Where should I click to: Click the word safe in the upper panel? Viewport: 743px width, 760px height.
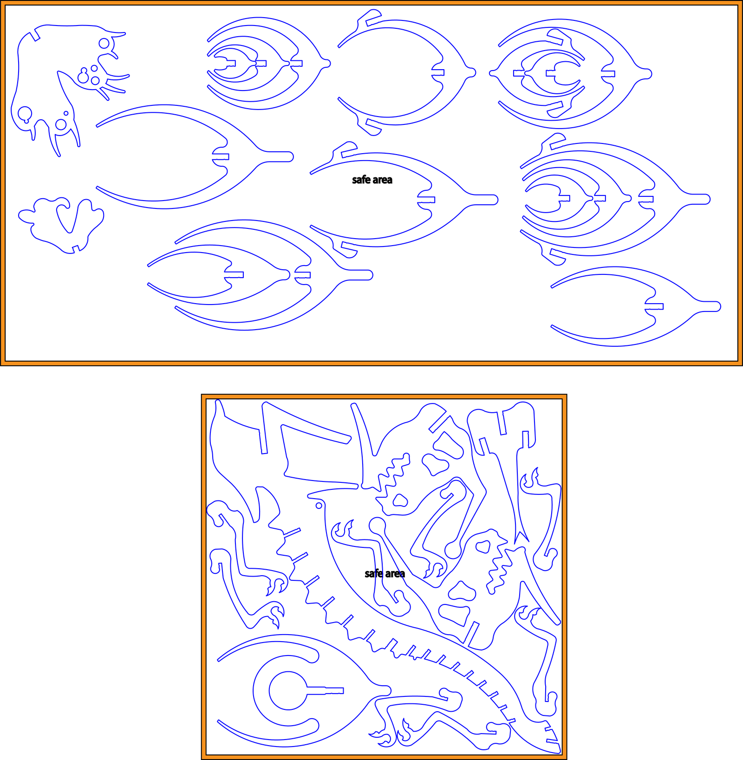pos(361,180)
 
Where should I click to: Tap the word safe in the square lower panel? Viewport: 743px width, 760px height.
pos(374,573)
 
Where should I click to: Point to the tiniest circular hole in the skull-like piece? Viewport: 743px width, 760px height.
pos(66,113)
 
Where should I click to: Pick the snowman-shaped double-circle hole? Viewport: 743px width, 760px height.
pos(83,76)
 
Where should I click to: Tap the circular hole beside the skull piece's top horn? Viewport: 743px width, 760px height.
pos(104,43)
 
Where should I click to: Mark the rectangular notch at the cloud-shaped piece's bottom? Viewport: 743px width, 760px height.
pos(76,248)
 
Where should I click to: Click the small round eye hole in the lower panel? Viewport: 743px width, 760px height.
pos(319,506)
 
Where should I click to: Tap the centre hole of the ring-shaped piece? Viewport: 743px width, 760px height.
pos(288,690)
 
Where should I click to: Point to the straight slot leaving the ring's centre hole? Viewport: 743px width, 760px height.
pos(325,690)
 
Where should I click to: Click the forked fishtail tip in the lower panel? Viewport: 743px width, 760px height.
pos(521,537)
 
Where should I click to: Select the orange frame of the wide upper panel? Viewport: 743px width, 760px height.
pos(371,3)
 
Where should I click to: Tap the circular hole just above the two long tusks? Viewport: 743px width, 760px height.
pos(61,124)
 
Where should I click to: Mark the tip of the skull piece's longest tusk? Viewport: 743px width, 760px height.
pos(59,156)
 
